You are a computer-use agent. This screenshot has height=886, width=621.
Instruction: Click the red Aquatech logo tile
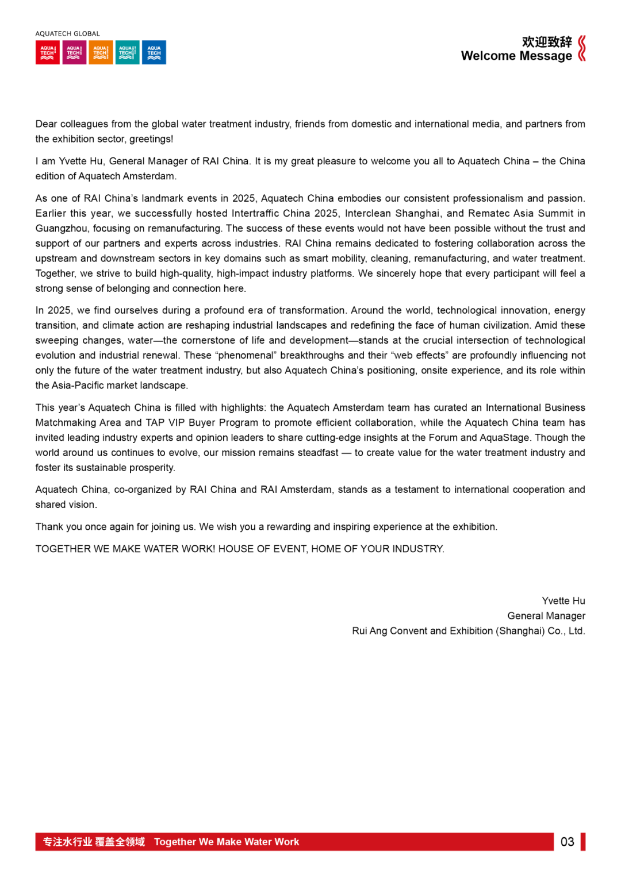pos(47,52)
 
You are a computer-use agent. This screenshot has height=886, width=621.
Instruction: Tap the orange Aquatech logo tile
pos(101,52)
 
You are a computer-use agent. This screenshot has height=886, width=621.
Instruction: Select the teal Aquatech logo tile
pos(127,52)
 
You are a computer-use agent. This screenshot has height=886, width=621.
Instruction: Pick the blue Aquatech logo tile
pos(154,52)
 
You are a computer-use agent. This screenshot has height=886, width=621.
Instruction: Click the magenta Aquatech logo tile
pos(74,52)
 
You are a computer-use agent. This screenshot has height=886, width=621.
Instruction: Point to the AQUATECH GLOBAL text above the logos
pos(67,34)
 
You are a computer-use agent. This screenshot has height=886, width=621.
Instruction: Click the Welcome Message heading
pos(516,56)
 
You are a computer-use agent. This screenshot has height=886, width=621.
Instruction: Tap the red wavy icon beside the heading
pos(582,48)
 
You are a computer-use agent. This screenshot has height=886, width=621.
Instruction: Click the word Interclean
pos(367,214)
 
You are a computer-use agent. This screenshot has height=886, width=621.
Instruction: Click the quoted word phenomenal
pos(246,356)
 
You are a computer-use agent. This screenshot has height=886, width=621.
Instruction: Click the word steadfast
pos(318,453)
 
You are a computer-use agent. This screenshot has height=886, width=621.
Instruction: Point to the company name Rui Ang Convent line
pos(468,631)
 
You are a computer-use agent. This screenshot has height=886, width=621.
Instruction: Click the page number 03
pos(567,842)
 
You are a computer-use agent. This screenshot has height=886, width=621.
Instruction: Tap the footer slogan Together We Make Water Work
pos(227,842)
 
